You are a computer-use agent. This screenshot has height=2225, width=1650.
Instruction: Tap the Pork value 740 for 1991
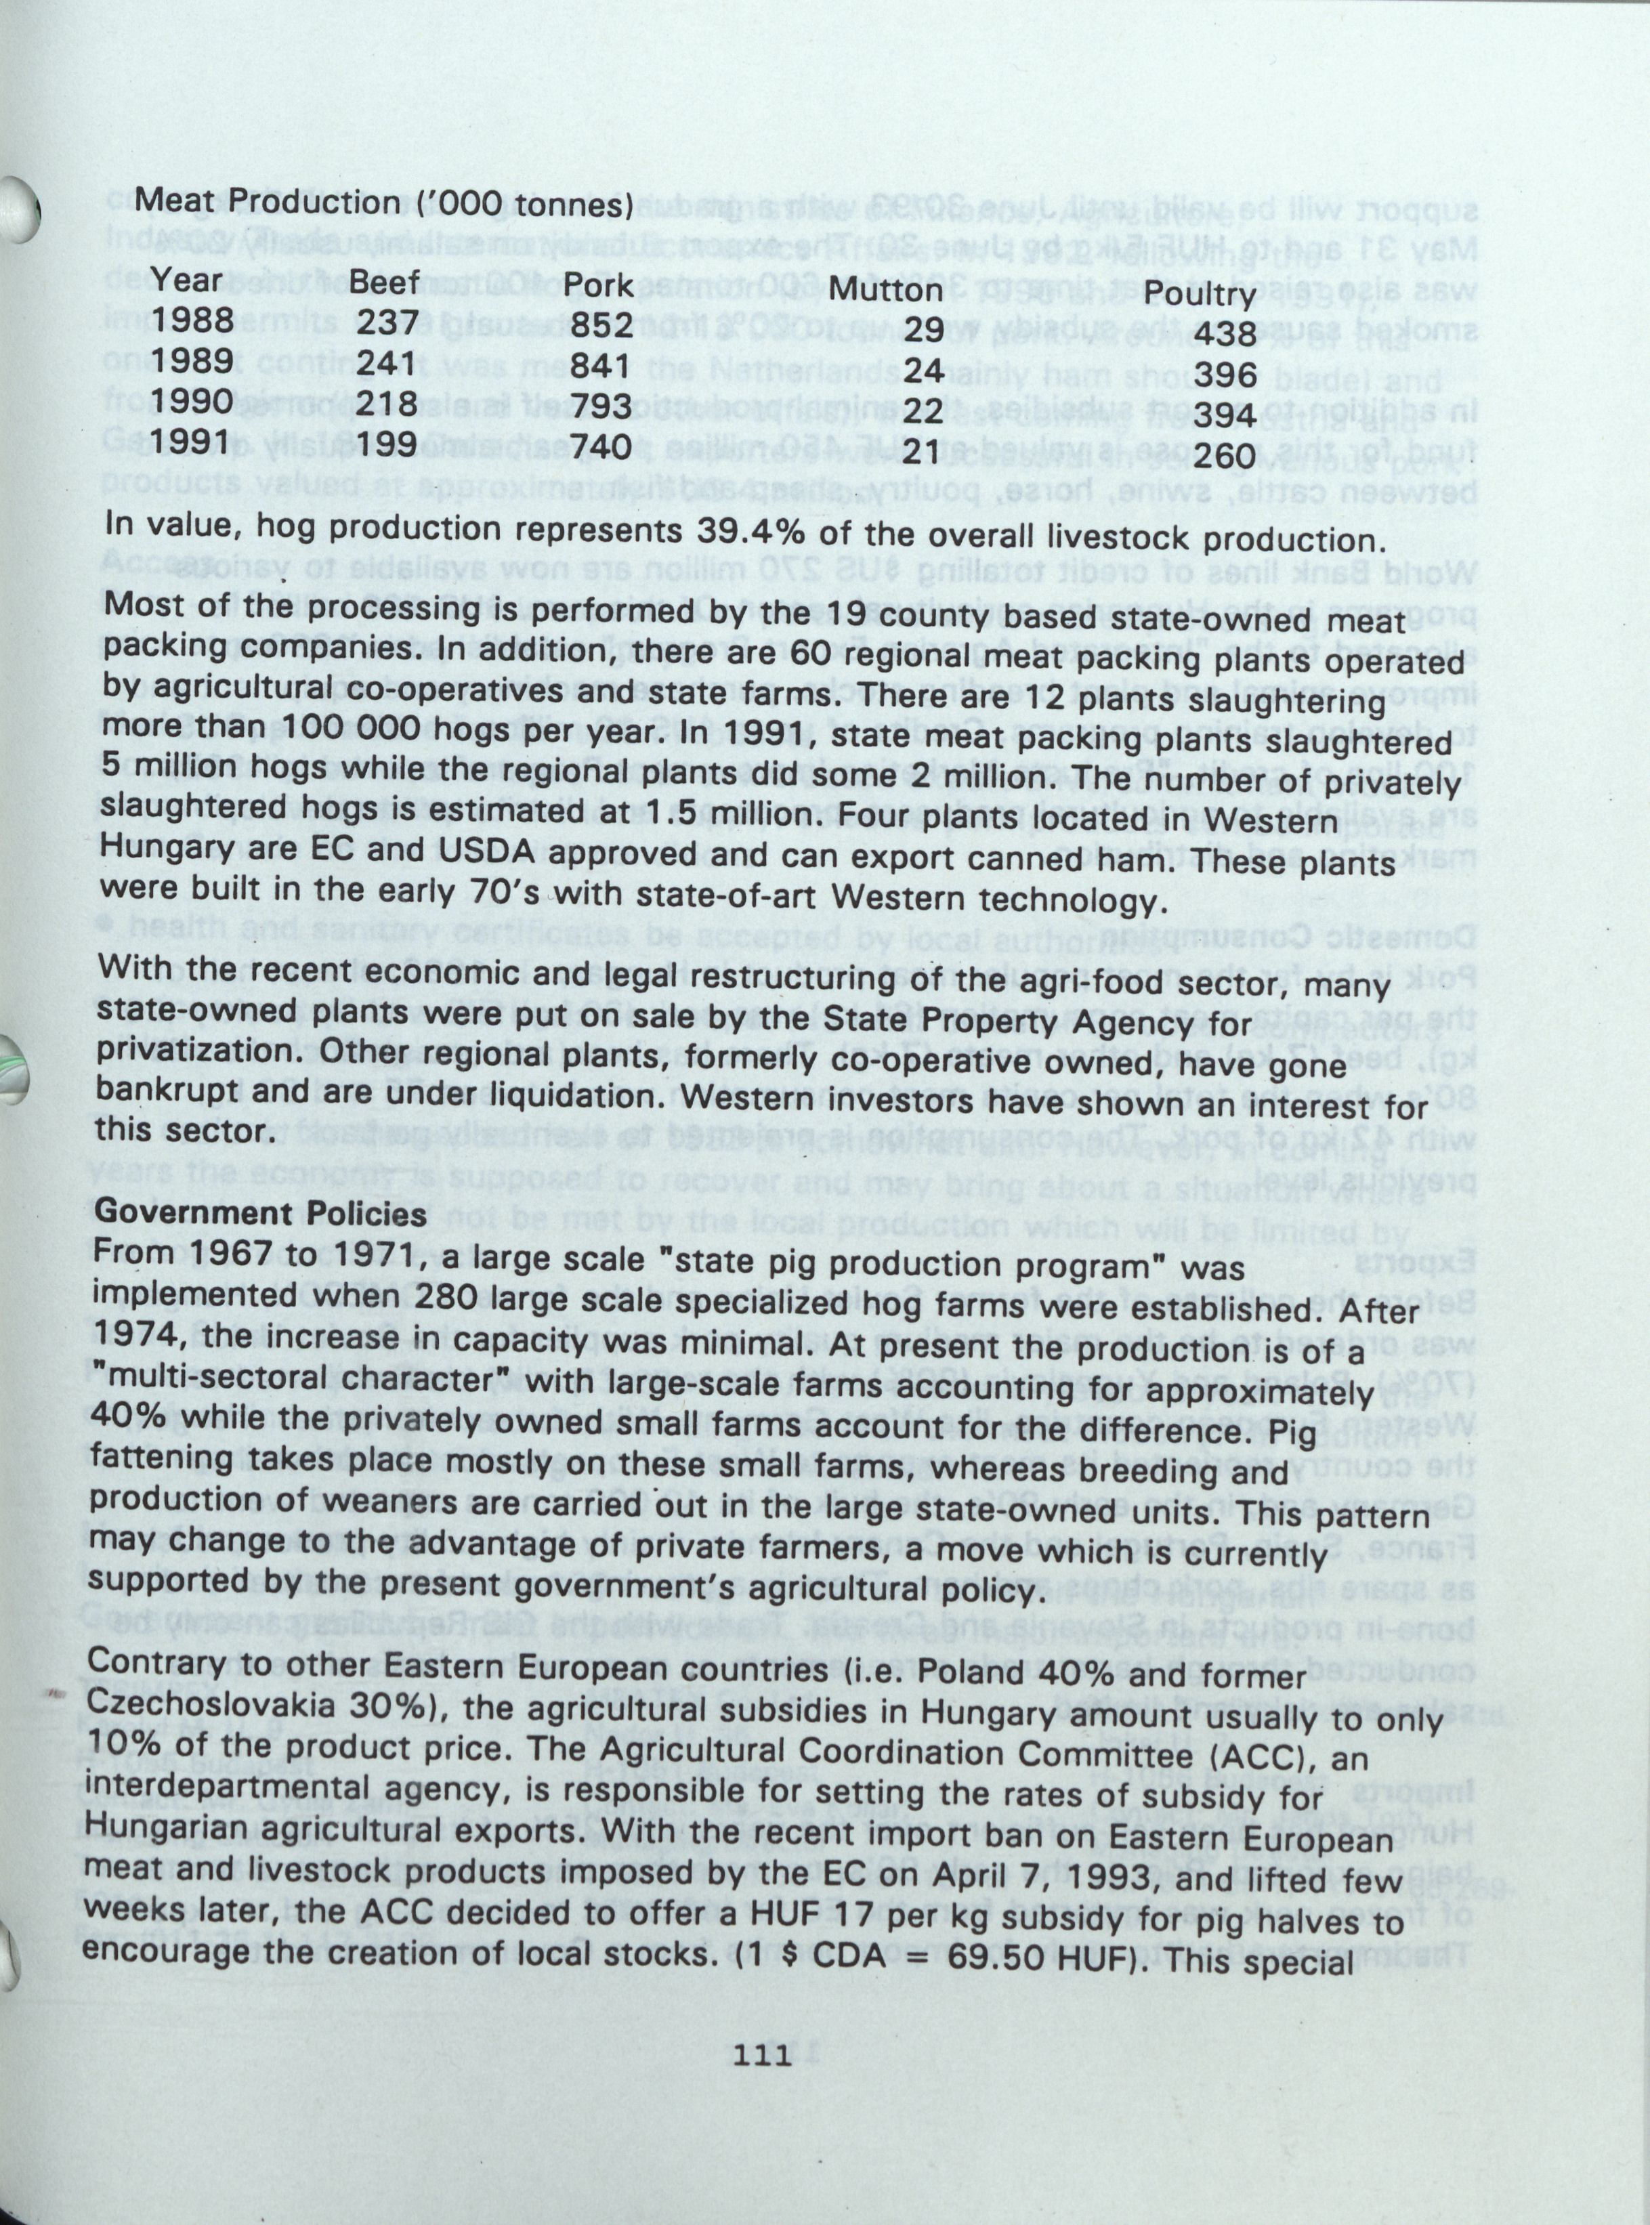598,446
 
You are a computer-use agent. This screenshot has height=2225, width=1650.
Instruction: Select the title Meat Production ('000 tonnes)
385,203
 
